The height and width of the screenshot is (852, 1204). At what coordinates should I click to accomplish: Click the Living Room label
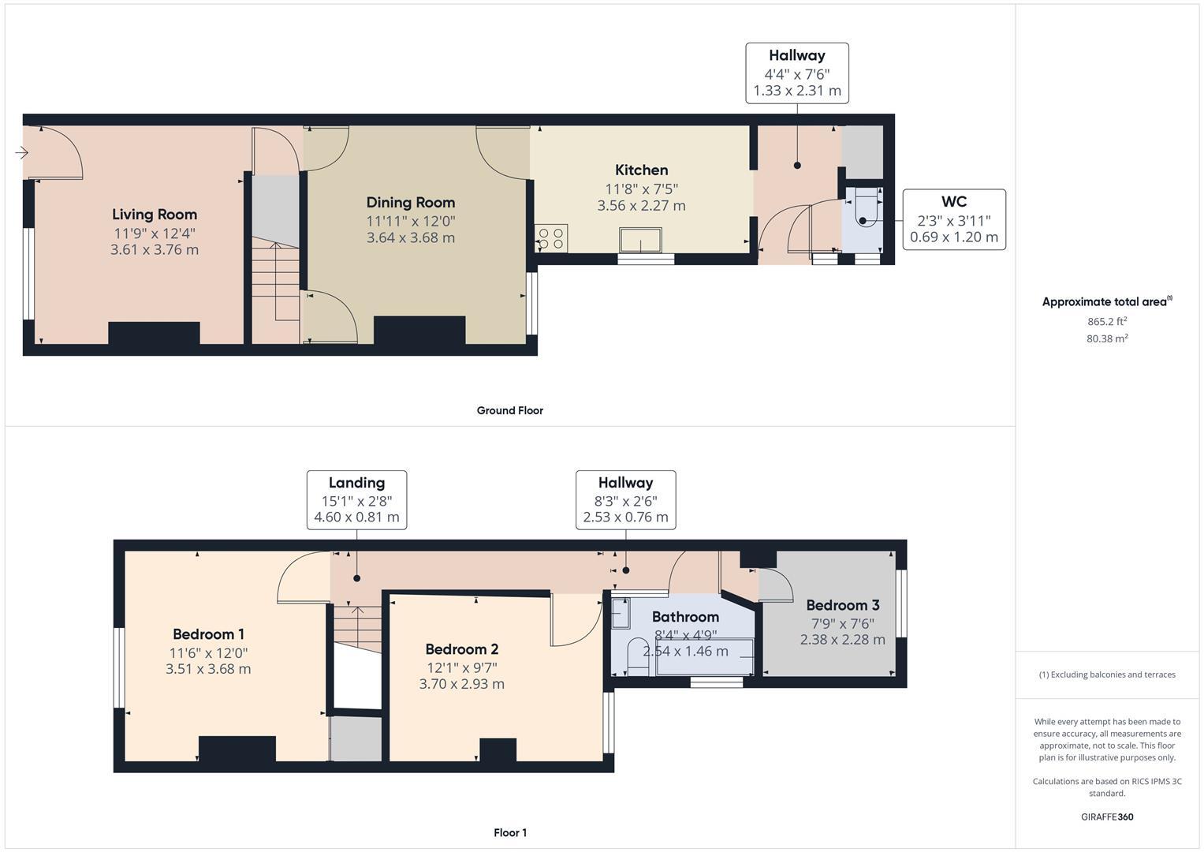coord(155,215)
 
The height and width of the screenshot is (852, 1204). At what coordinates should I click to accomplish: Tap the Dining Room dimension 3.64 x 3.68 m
coord(410,237)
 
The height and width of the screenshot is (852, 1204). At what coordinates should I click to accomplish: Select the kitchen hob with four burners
coord(551,238)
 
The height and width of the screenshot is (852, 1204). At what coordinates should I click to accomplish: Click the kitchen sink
coord(640,239)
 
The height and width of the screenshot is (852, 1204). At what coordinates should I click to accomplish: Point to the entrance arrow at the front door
coord(21,152)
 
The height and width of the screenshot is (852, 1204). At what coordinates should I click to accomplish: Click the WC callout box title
coord(953,202)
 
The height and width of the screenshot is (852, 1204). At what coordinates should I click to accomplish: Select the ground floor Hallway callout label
coord(796,55)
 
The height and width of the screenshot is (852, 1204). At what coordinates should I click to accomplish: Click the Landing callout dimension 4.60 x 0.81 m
coord(356,518)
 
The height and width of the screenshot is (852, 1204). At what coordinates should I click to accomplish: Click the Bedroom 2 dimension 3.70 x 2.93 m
coord(461,684)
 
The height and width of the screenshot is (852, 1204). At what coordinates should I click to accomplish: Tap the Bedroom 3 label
coord(842,605)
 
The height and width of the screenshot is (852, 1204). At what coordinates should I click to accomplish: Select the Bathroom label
coord(685,617)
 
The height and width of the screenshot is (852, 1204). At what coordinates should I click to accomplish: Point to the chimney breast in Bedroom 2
coord(498,749)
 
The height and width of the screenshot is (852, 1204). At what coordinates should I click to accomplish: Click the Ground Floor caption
coord(509,410)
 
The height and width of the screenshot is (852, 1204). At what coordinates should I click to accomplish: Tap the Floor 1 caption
coord(509,832)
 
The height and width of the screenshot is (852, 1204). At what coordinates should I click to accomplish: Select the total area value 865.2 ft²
coord(1106,322)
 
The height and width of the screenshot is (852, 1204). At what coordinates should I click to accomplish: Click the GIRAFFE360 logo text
coord(1106,816)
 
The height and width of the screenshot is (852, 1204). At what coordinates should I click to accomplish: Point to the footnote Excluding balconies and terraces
coord(1106,674)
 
